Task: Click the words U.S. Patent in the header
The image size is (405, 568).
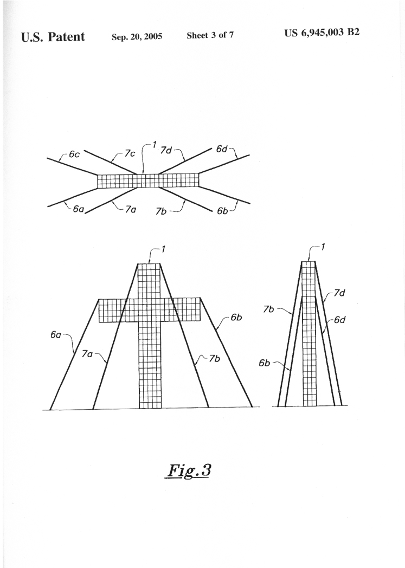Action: (53, 37)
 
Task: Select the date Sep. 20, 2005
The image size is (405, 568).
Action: (137, 37)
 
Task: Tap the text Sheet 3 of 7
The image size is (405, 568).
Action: (210, 35)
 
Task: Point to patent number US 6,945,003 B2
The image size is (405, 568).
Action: (322, 33)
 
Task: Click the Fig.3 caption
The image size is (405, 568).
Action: (188, 471)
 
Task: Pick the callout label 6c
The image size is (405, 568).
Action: (74, 154)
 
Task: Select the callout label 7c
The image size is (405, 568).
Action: (130, 153)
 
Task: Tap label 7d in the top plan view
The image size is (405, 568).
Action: (166, 150)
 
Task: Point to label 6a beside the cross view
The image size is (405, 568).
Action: (56, 335)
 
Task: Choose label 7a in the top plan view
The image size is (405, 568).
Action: (131, 209)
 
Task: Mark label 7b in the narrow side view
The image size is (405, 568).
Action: (269, 309)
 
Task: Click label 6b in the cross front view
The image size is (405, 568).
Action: (236, 317)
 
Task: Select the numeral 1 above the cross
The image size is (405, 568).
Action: (163, 249)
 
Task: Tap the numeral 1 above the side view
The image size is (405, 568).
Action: (323, 247)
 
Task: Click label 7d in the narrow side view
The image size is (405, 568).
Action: (339, 293)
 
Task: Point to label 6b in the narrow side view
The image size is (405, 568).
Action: (265, 363)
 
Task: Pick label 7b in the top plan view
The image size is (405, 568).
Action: (161, 211)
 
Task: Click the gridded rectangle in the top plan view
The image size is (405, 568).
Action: (149, 181)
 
